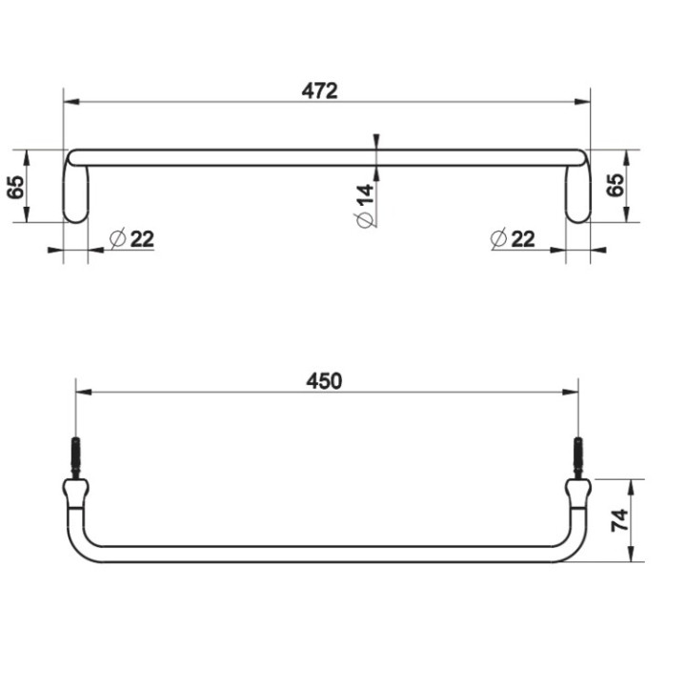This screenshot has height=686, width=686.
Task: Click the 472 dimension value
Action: pos(321,91)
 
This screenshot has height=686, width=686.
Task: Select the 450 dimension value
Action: pos(324,381)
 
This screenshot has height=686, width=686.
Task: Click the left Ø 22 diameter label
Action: pos(132,238)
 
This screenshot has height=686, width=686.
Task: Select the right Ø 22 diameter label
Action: pos(514,238)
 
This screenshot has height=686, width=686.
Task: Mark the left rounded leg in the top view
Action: pos(75,195)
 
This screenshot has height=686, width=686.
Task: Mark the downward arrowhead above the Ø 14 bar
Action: pos(376,144)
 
